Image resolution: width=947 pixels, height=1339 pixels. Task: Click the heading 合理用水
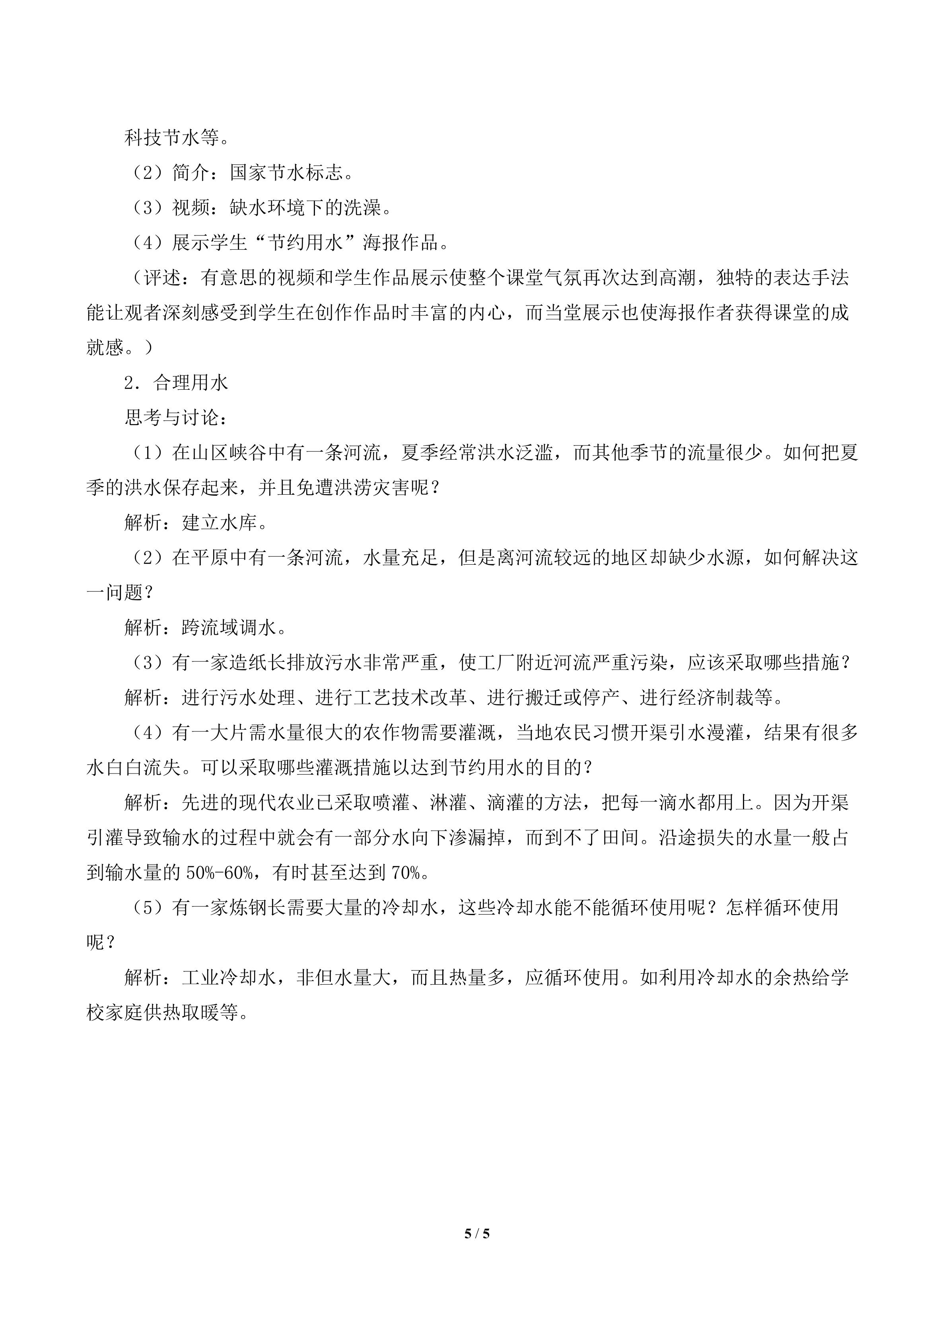pyautogui.click(x=191, y=383)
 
